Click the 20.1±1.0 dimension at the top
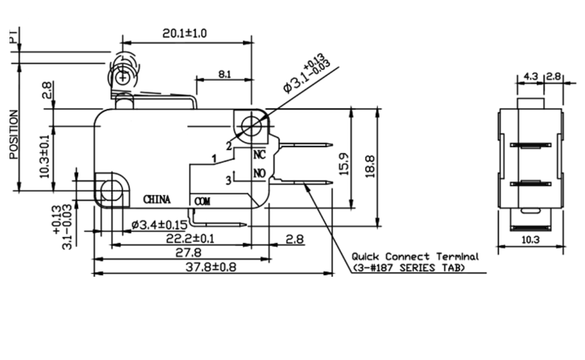(184, 33)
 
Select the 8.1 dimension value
(224, 74)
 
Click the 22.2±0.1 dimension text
(190, 239)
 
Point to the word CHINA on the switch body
(157, 200)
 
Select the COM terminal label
(202, 201)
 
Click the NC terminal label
(259, 155)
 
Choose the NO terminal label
(259, 173)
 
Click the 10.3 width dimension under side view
(530, 240)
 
